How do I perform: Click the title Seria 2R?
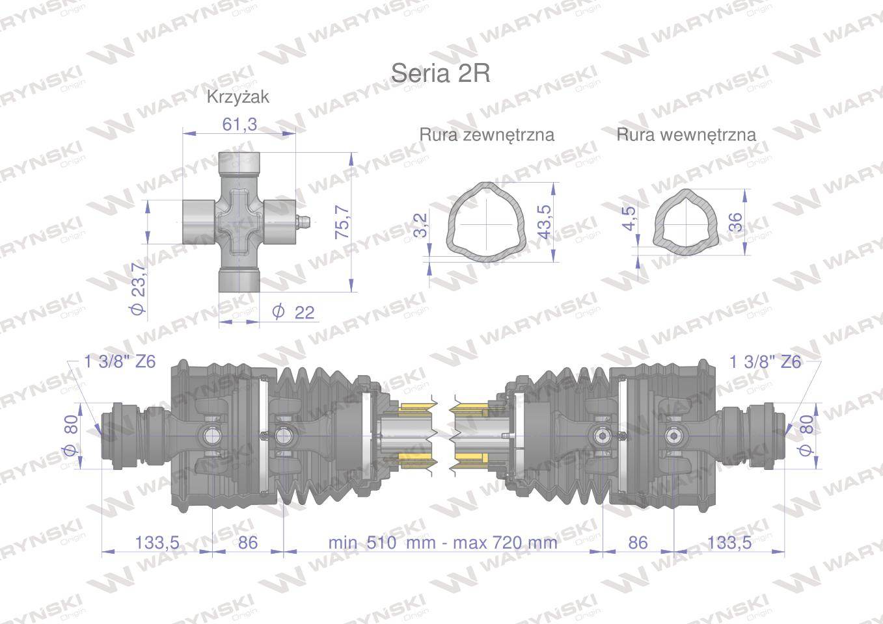pyautogui.click(x=440, y=73)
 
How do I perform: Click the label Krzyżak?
pyautogui.click(x=238, y=97)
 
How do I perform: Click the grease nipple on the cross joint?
pyautogui.click(x=303, y=222)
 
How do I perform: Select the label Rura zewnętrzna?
pyautogui.click(x=486, y=135)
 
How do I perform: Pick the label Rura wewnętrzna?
pyautogui.click(x=686, y=135)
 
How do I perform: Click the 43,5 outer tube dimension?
pyautogui.click(x=543, y=221)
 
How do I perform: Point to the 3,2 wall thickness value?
pyautogui.click(x=421, y=226)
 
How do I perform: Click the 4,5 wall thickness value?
pyautogui.click(x=628, y=219)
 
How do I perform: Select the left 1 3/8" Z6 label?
pyautogui.click(x=120, y=362)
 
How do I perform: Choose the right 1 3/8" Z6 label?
pyautogui.click(x=765, y=362)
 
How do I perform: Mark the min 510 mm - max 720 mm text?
pyautogui.click(x=442, y=542)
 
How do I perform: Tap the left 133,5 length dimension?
pyautogui.click(x=157, y=542)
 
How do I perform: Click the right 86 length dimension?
pyautogui.click(x=638, y=542)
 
